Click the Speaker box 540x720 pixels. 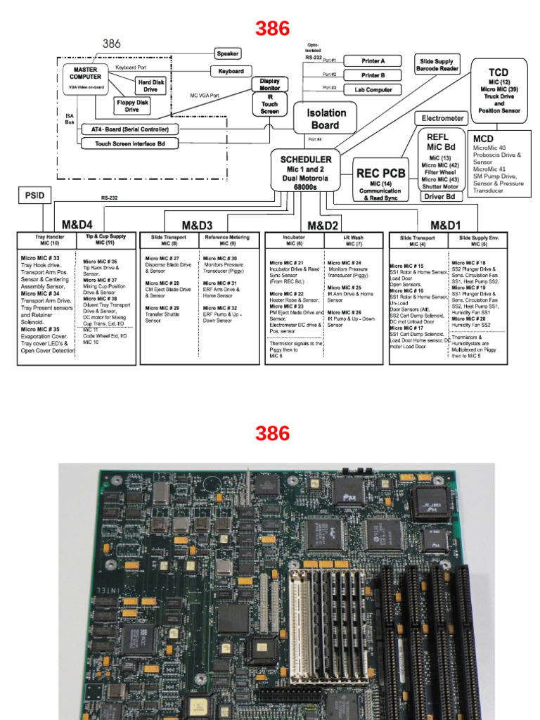click(228, 53)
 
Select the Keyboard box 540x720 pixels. click(231, 71)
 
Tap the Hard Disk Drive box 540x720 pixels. click(150, 86)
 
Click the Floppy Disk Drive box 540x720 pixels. click(132, 105)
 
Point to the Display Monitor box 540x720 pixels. click(270, 84)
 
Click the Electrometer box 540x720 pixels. click(442, 118)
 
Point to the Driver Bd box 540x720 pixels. click(442, 197)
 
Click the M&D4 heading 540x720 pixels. click(77, 224)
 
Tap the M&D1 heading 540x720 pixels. click(446, 224)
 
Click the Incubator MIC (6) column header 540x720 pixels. click(294, 240)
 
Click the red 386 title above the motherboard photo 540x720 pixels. click(272, 434)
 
